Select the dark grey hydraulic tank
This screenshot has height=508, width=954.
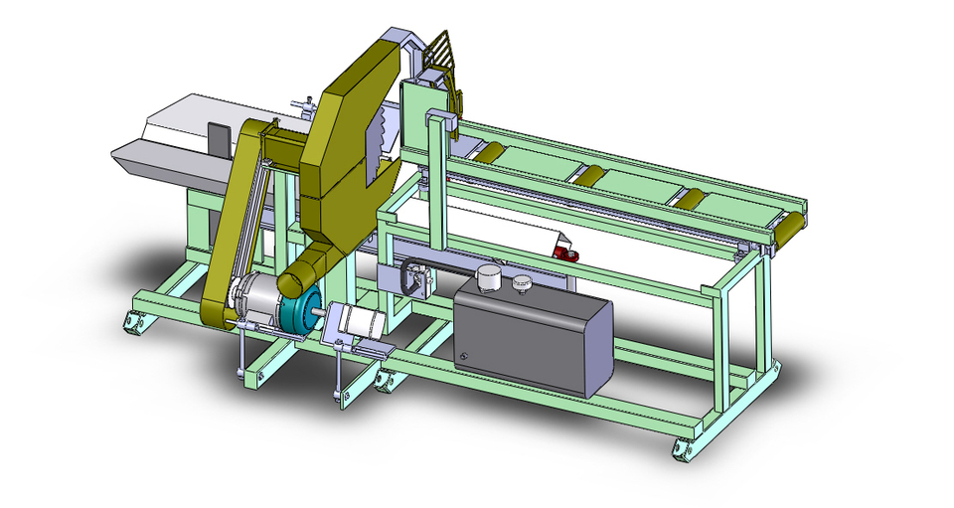point(537,333)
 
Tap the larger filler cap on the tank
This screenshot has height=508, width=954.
point(486,278)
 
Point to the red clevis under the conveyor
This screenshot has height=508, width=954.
point(569,254)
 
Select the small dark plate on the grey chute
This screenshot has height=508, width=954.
point(219,138)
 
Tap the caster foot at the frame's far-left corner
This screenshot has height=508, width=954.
point(131,321)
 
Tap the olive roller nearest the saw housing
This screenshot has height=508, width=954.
point(488,152)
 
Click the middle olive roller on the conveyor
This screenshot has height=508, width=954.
point(589,176)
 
